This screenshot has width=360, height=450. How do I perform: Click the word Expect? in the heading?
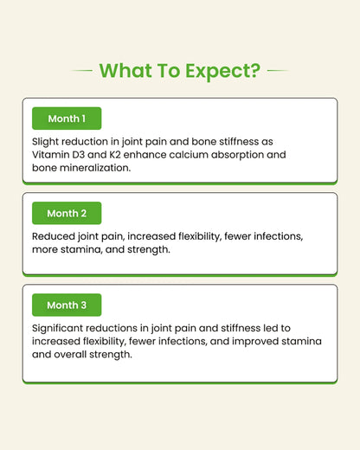222,71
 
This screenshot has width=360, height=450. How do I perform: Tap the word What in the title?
125,70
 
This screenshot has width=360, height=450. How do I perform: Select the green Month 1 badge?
67,119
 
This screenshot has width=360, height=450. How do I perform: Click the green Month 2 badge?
67,213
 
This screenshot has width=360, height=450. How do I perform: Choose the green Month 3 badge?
67,305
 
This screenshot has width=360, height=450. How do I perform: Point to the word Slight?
45,142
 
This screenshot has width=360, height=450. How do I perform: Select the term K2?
115,155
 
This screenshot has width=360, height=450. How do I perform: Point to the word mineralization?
95,168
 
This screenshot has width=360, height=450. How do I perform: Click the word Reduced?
54,236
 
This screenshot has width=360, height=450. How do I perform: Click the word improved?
255,342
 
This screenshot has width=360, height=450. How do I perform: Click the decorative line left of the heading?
81,70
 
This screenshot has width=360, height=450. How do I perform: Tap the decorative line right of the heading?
278,70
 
